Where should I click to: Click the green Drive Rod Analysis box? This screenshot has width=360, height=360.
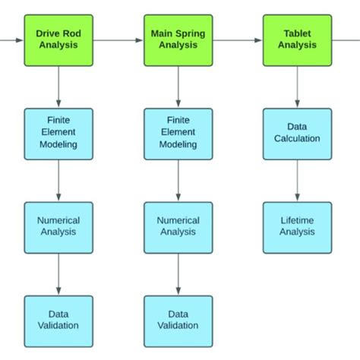(x=58, y=39)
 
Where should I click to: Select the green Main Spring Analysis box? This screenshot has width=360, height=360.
(x=178, y=39)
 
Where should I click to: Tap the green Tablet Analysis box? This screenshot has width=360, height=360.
(x=297, y=39)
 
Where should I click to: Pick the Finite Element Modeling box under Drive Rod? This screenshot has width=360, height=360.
(x=58, y=134)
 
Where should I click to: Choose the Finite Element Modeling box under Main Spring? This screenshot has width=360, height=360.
(x=178, y=134)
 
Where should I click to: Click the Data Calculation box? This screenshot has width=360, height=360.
(x=297, y=134)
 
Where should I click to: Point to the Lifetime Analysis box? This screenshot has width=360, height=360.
(x=297, y=227)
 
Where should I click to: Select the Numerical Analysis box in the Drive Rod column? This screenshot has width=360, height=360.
(x=58, y=227)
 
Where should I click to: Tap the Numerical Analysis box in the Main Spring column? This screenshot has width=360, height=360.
(x=178, y=227)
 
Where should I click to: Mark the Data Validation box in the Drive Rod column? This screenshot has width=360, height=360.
(x=58, y=321)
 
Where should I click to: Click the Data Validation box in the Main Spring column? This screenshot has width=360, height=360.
(x=178, y=321)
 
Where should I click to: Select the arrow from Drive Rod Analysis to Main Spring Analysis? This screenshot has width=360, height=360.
(x=118, y=39)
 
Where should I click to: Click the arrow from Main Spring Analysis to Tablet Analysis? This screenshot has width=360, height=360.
(x=237, y=39)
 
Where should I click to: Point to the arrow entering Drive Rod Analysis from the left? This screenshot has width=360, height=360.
(x=12, y=39)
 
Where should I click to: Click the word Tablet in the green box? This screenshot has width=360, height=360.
(x=297, y=33)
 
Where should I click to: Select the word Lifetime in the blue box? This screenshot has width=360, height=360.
(x=297, y=220)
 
